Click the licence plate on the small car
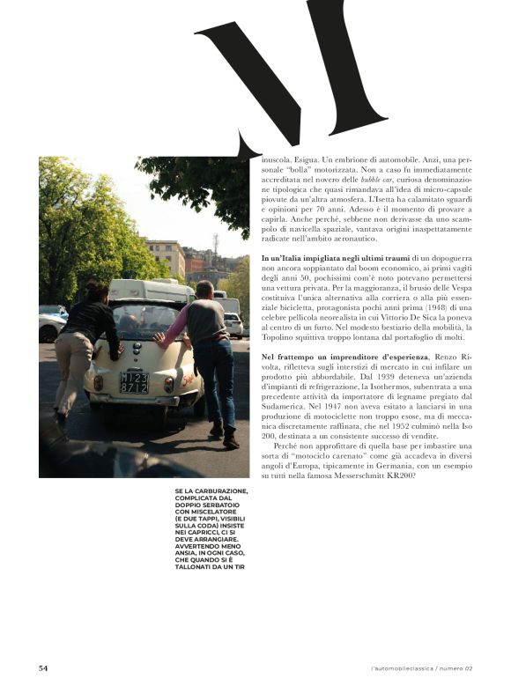tap(134, 381)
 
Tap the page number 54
tap(43, 668)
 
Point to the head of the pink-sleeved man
tap(204, 291)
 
